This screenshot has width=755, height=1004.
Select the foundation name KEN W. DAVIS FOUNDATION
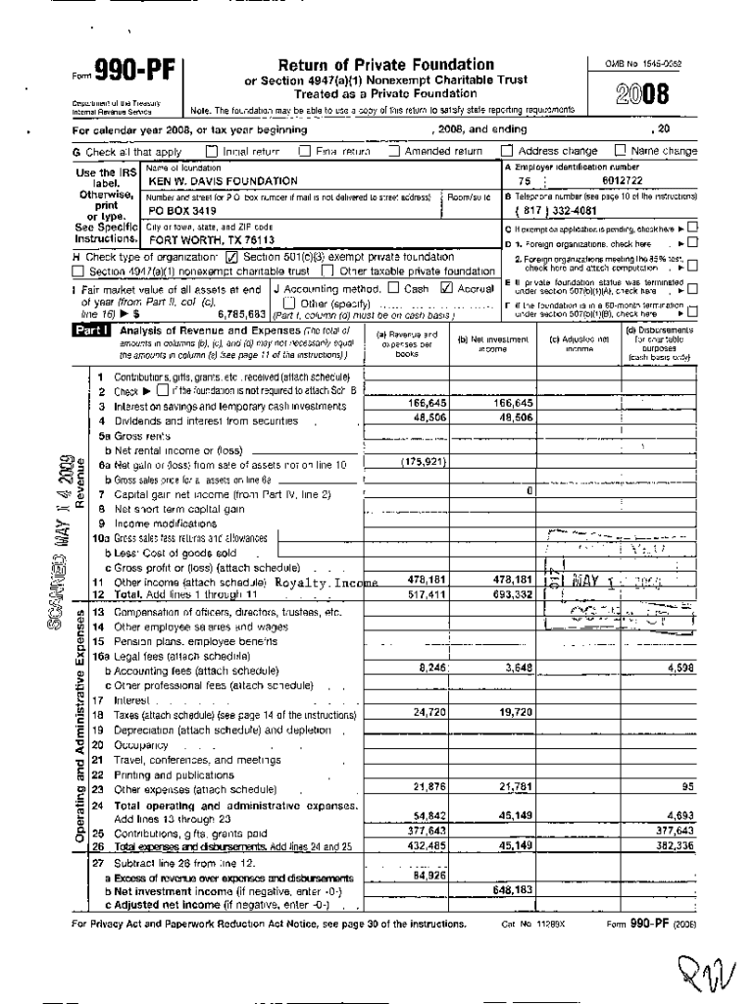223,181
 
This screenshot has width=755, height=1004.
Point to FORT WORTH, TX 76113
212,240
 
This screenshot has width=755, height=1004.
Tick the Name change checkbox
620,151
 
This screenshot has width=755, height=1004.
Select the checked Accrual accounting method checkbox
447,288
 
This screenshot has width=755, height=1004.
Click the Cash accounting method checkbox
392,288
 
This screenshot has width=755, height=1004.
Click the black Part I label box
91,332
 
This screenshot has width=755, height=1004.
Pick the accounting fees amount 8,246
431,667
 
